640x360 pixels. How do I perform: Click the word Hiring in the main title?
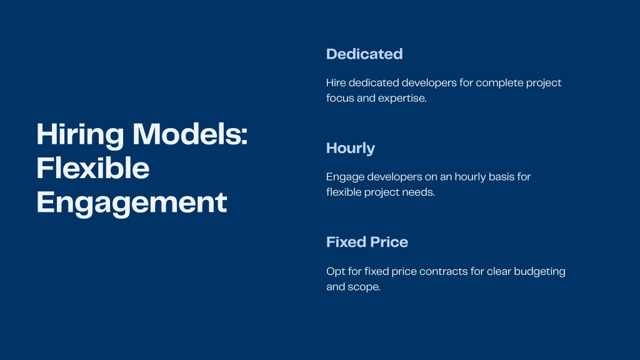(80, 136)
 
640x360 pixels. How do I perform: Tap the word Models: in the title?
(190, 134)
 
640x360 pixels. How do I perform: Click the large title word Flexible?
(93, 167)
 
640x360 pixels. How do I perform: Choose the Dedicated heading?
(364, 54)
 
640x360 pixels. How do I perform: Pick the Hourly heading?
(351, 149)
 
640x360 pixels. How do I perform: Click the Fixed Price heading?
(367, 242)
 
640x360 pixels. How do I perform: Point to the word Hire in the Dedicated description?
(336, 83)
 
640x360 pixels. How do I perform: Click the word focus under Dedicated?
(340, 98)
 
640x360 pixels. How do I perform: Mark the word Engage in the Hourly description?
(345, 177)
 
